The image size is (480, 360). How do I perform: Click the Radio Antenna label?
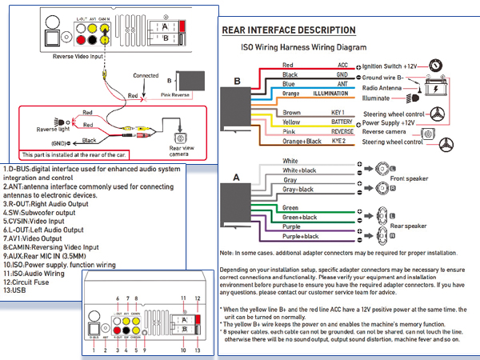pyautogui.click(x=382, y=87)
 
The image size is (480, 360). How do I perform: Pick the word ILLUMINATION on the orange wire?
pyautogui.click(x=330, y=94)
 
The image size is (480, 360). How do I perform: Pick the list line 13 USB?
pyautogui.click(x=18, y=292)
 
